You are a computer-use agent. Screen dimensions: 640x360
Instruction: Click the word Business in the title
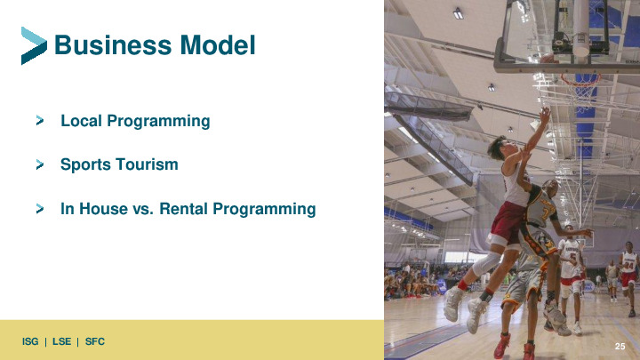(113, 45)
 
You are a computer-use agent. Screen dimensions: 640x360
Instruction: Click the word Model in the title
(218, 45)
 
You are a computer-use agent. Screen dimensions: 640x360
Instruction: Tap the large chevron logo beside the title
(34, 45)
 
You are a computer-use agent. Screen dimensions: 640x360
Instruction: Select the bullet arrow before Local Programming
(40, 120)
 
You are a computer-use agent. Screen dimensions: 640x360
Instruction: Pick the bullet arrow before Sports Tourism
(40, 164)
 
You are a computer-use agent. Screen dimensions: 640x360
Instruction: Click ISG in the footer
(30, 341)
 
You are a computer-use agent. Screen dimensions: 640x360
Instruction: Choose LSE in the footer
(61, 341)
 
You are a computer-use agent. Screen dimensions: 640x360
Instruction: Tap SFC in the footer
(95, 341)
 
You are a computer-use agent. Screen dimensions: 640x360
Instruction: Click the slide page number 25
(620, 346)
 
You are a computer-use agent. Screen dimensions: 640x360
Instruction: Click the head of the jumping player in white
(498, 148)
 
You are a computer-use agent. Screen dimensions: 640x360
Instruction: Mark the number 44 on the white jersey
(629, 266)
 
